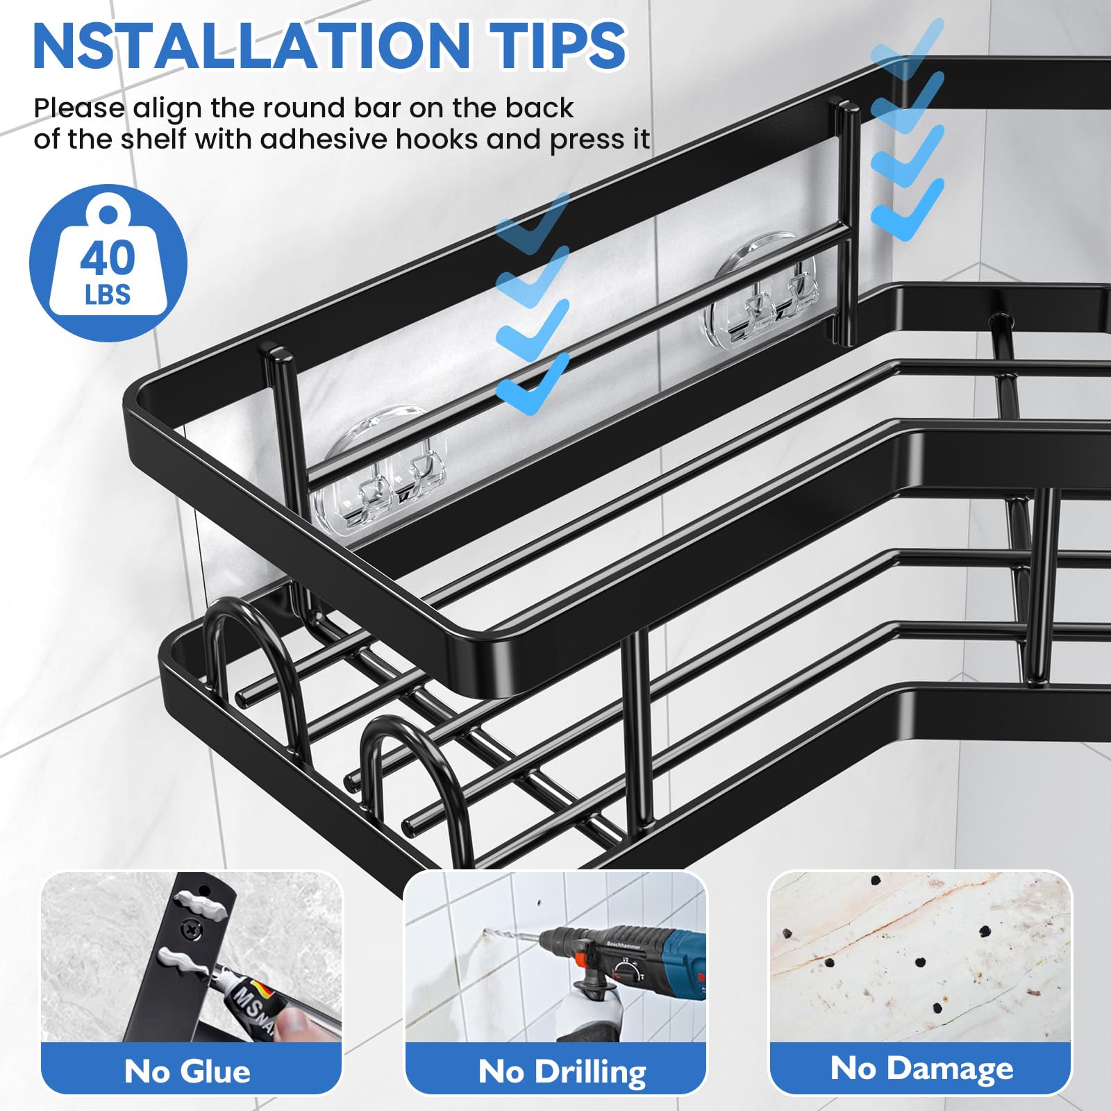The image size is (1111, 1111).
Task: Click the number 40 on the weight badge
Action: click(107, 258)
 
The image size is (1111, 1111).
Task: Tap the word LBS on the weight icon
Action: click(108, 295)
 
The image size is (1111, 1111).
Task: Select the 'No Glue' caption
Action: click(187, 1071)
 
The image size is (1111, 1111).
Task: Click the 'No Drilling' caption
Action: click(562, 1071)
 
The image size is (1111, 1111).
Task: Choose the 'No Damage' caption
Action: click(921, 1068)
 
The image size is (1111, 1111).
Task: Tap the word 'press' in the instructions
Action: click(587, 141)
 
